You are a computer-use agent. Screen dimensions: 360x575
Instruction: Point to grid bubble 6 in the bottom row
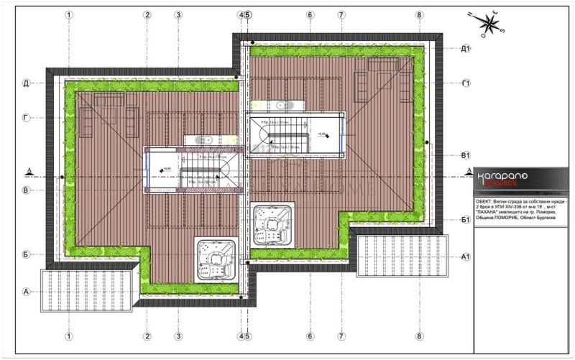[x=310, y=336]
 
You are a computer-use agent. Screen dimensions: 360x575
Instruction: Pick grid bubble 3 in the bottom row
[x=178, y=336]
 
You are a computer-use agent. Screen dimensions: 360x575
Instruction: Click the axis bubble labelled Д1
[x=465, y=48]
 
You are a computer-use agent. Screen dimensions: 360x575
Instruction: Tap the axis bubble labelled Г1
[x=465, y=84]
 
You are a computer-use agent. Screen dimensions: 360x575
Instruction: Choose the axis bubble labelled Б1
[x=465, y=220]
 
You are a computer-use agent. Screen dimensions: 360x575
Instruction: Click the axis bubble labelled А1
[x=465, y=257]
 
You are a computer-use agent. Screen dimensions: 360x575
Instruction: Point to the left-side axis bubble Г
[x=26, y=116]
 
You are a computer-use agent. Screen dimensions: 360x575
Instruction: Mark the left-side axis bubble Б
[x=26, y=254]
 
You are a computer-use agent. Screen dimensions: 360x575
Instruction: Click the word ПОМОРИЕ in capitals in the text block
[x=510, y=225]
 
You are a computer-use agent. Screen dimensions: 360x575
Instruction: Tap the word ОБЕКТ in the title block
[x=485, y=204]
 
